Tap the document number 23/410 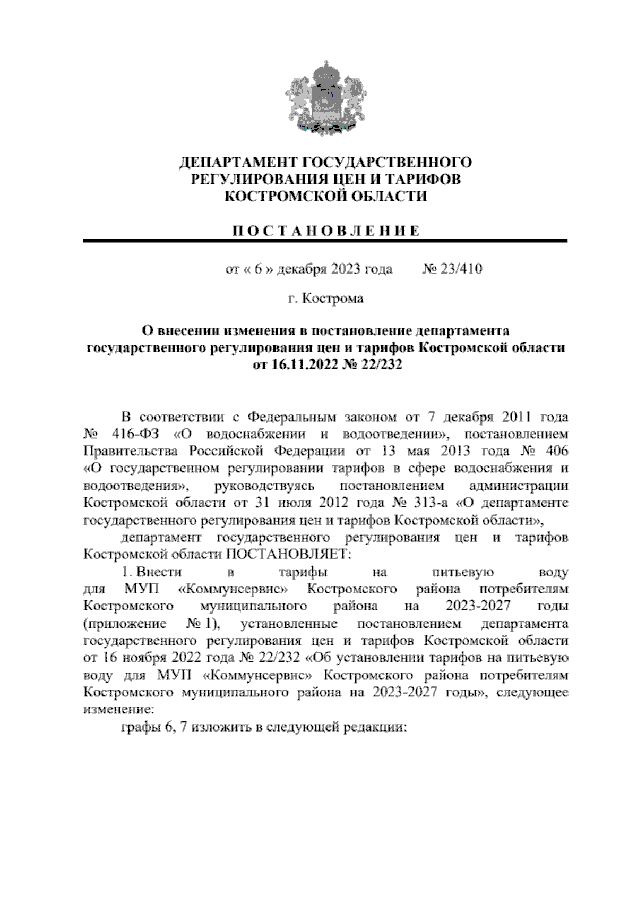(x=459, y=269)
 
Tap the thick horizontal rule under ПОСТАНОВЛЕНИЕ (x=325, y=241)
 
